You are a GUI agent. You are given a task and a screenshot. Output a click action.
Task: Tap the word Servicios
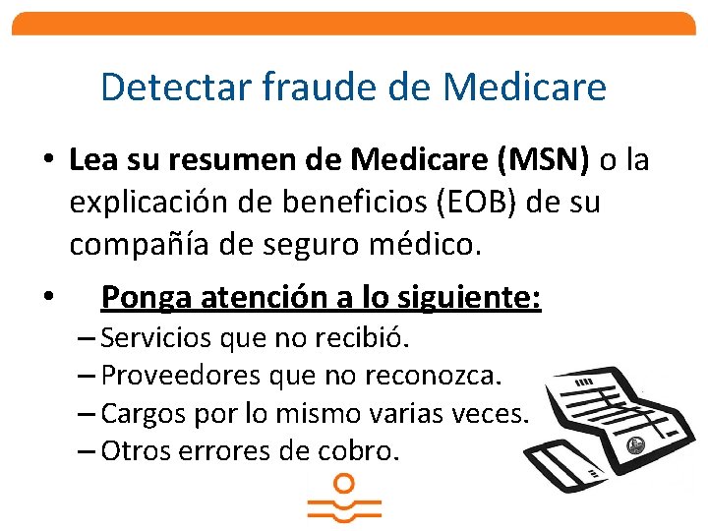157,339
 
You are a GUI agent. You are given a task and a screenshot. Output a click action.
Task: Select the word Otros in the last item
133,451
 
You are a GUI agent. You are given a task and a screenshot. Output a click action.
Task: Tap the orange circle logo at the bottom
343,485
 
